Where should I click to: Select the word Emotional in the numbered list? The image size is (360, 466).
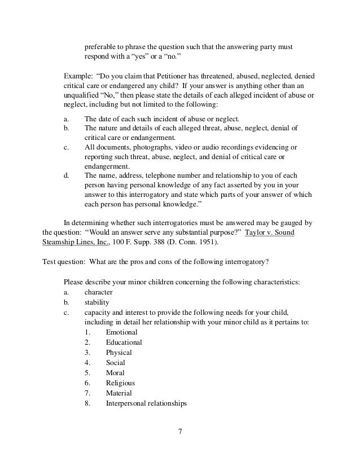121,332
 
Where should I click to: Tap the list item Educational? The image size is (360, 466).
124,342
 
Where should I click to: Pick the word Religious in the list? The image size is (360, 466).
120,383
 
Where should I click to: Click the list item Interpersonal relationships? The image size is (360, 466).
146,403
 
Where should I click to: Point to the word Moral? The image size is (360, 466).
115,373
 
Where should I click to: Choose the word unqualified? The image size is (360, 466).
80,96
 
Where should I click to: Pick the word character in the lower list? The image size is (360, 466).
98,292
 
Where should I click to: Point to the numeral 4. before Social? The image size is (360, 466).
87,363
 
